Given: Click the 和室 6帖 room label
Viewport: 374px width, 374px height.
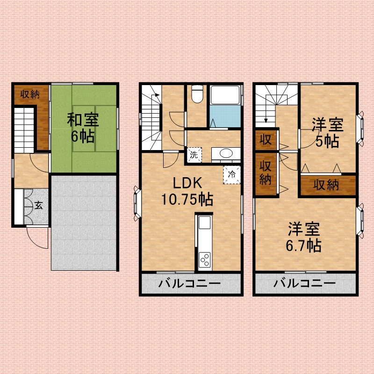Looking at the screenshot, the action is (x=83, y=128).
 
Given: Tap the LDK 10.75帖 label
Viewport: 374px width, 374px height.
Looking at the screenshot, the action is (x=187, y=191).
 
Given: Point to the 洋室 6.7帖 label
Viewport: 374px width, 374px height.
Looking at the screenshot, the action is (x=303, y=237).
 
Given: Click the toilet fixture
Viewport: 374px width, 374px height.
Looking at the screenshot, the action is (x=197, y=94).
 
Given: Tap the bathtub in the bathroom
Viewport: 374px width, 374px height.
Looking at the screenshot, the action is (x=225, y=95).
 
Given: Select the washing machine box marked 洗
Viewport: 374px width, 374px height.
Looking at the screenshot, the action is (x=194, y=155).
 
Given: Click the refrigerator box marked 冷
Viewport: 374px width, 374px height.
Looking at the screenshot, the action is (x=231, y=174).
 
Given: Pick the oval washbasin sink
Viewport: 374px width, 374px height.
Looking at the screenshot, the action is (x=226, y=153).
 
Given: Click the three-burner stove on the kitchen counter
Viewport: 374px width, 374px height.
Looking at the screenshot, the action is (x=205, y=259).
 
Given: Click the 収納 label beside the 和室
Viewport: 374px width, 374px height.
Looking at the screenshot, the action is (x=30, y=94).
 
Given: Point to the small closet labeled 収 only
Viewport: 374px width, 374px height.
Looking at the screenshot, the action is (x=266, y=139).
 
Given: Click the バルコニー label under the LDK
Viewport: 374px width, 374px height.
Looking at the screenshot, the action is (x=190, y=284).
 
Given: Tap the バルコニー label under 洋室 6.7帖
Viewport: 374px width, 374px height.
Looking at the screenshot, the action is (x=305, y=283).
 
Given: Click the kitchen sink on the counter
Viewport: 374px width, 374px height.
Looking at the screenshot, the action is (x=205, y=223).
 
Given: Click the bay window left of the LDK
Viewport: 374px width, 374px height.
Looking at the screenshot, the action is (x=137, y=203).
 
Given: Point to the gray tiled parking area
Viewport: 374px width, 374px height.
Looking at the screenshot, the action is (x=84, y=223).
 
